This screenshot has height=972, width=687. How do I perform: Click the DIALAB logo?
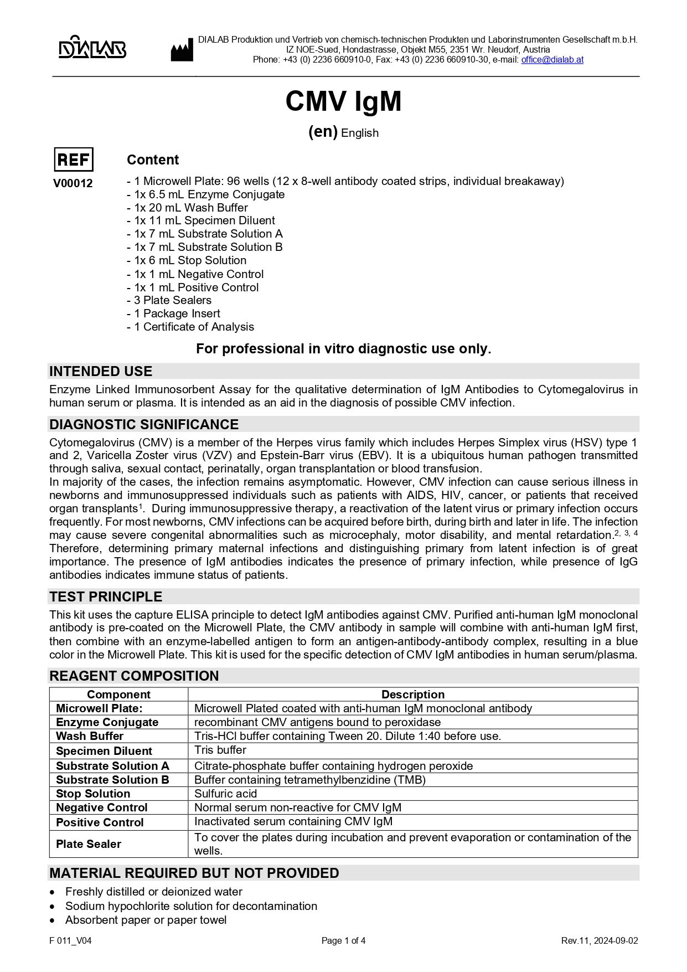92,48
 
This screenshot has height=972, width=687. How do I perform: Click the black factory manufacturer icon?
182,50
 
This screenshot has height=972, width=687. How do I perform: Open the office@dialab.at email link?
552,60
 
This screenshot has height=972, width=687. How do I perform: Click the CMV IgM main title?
343,101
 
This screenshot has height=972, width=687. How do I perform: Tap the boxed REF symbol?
73,160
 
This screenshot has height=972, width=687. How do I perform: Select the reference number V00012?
73,183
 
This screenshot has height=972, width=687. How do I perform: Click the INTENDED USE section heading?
101,371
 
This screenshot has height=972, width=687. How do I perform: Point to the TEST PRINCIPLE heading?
106,596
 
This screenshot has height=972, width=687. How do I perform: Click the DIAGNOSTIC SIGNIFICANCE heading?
144,424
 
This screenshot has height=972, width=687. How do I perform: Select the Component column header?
118,695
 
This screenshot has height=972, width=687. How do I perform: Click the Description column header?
412,695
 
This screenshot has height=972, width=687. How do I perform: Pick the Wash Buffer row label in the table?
90,736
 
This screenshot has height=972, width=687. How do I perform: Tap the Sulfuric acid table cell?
226,794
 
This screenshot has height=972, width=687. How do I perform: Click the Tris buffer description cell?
220,750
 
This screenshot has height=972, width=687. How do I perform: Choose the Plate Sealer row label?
89,844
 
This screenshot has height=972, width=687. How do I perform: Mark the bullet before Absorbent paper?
52,920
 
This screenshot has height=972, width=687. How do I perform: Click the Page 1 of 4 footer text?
343,940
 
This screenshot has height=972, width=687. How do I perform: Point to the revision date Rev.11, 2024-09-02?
599,940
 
